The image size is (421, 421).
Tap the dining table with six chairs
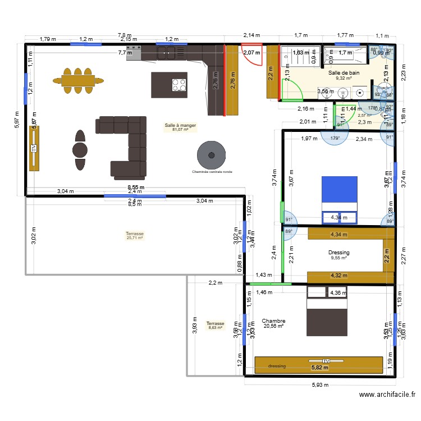(79, 81)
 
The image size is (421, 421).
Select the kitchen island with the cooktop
(169, 85)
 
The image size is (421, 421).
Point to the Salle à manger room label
(180, 126)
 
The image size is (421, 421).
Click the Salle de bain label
(344, 72)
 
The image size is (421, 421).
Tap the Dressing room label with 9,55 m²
(339, 253)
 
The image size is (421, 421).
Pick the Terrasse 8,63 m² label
(215, 324)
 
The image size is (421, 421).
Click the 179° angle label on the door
(335, 138)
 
